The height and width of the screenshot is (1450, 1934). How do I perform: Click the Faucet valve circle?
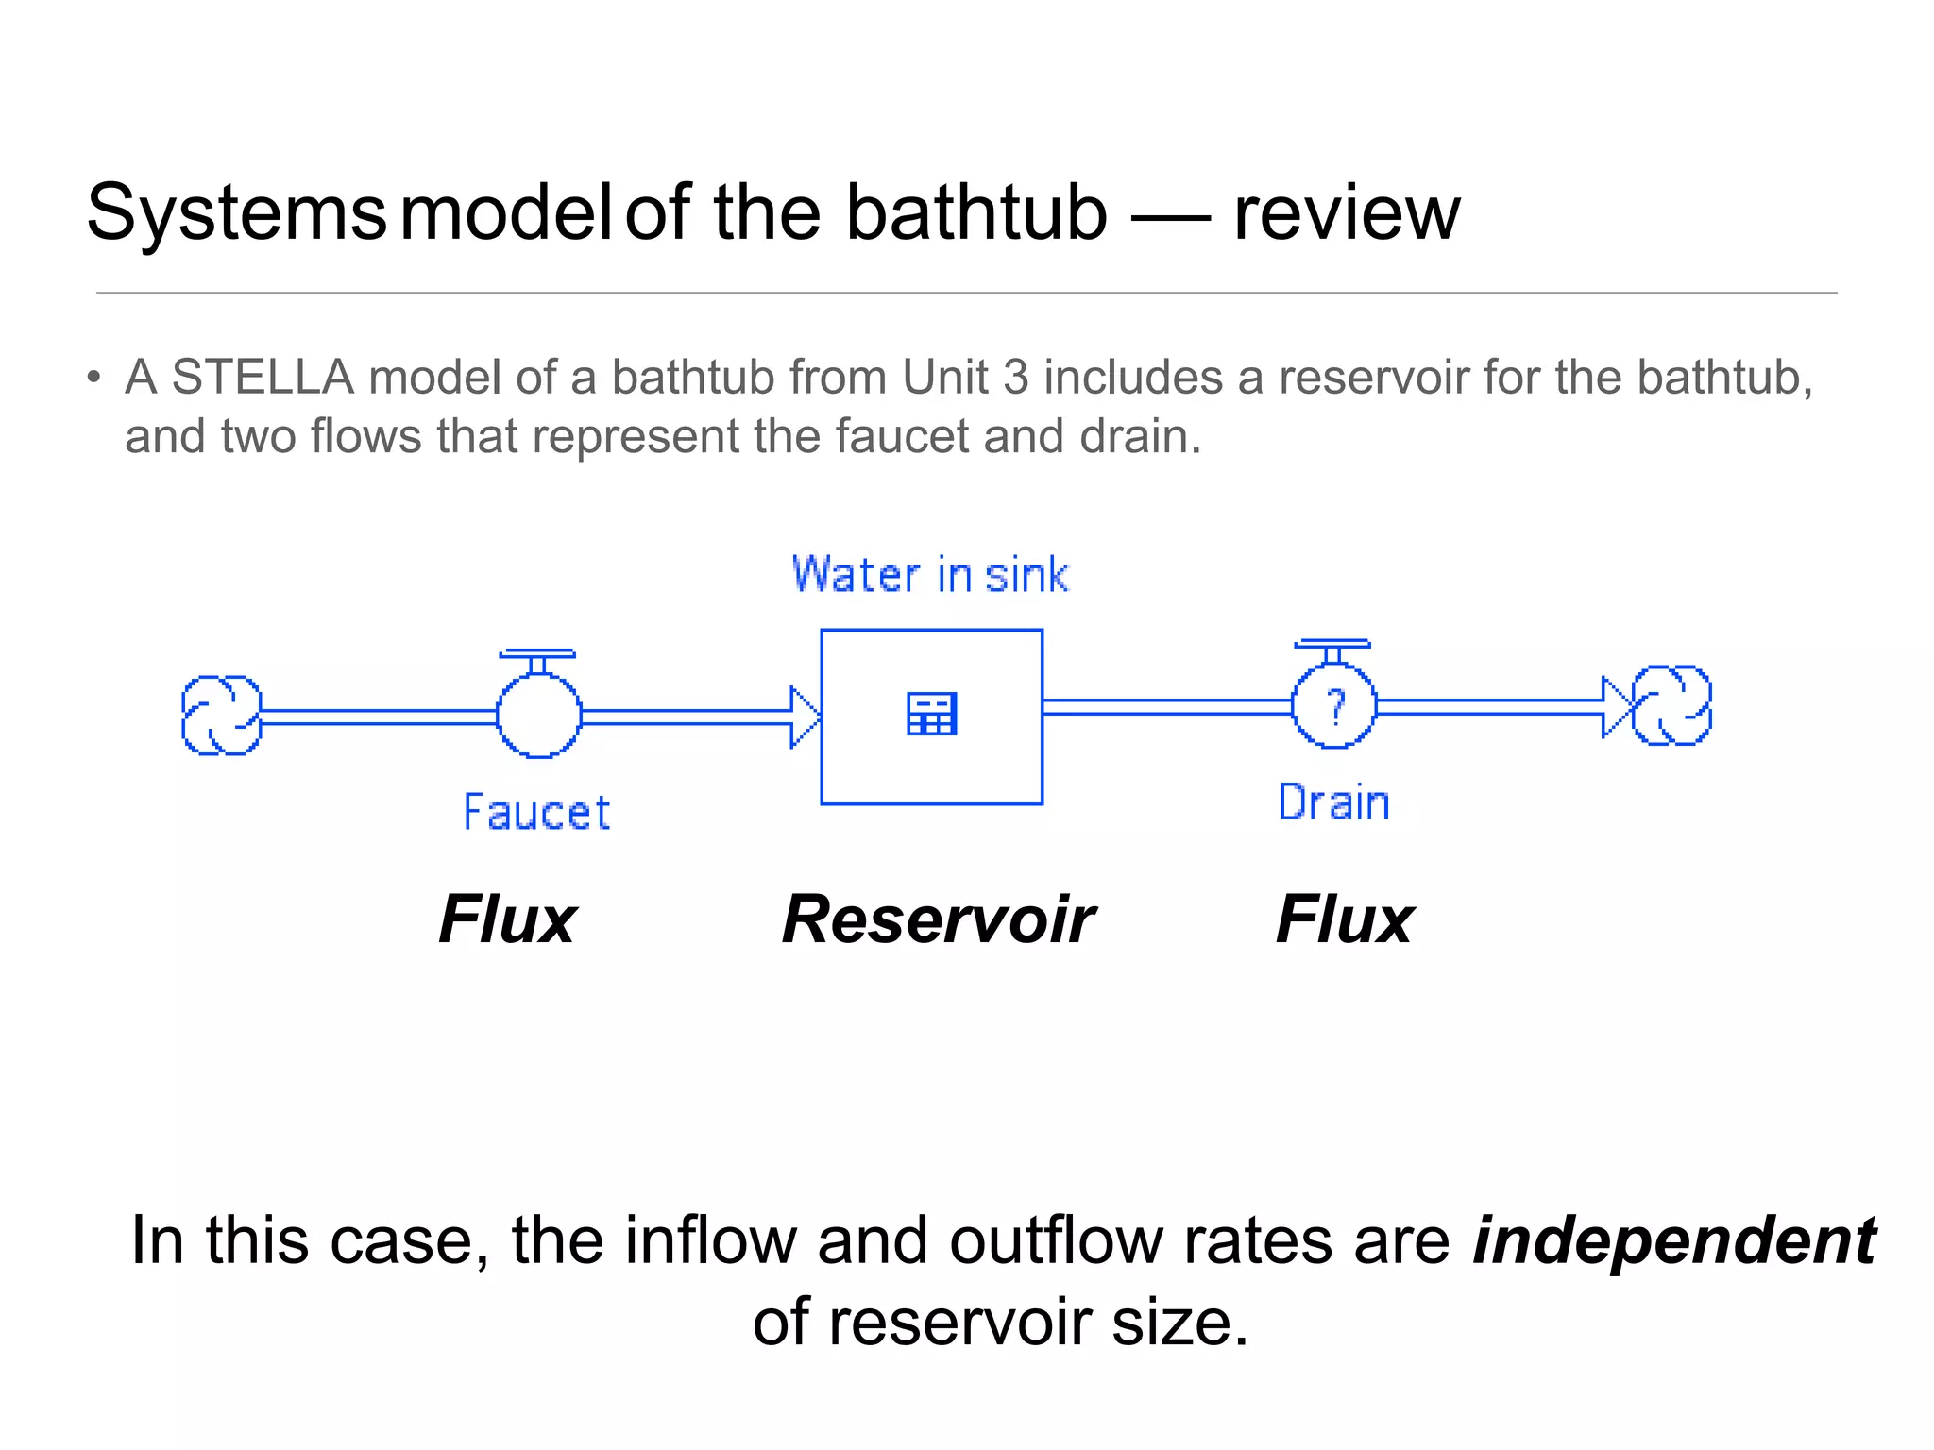[538, 716]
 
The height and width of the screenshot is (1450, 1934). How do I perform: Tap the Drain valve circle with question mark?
[1333, 706]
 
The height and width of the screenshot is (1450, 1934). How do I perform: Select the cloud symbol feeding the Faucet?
[221, 716]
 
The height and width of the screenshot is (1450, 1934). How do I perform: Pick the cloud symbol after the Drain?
[1671, 705]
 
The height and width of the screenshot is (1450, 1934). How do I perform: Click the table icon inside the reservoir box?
[931, 714]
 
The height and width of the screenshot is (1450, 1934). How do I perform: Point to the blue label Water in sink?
[930, 575]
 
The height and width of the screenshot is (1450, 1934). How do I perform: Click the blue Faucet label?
[536, 813]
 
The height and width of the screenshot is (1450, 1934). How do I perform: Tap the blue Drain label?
[1333, 803]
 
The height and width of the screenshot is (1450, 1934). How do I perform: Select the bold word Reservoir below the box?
[938, 919]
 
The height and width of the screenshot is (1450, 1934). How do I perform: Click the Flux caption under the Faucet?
[508, 919]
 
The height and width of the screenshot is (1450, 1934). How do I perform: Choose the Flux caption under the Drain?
[1345, 919]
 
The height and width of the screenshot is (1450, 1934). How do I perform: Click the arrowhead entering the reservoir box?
[805, 717]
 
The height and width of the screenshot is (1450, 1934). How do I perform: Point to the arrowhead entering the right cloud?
[1616, 706]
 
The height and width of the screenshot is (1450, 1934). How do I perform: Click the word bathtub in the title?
[975, 212]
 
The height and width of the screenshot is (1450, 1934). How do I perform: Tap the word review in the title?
[1347, 214]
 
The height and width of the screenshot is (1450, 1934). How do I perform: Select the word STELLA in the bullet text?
[263, 378]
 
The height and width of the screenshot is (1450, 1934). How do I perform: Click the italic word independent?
[1674, 1240]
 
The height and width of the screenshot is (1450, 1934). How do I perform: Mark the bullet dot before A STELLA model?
[93, 379]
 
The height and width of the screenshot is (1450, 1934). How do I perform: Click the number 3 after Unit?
[1015, 378]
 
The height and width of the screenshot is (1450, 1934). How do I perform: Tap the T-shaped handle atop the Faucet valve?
[537, 654]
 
